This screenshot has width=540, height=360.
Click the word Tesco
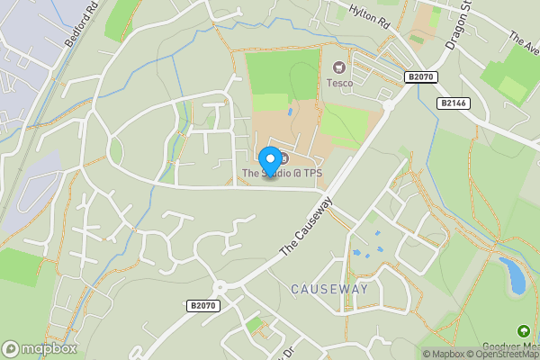pyautogui.click(x=339, y=83)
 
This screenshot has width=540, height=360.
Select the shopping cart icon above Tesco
pyautogui.click(x=339, y=67)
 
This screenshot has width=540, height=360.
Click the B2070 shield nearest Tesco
pyautogui.click(x=420, y=77)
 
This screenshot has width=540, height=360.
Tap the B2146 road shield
pyautogui.click(x=454, y=103)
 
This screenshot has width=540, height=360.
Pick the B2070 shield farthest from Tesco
pyautogui.click(x=203, y=306)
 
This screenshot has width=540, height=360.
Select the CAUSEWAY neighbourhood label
pyautogui.click(x=329, y=289)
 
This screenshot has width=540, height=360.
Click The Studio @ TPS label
pyautogui.click(x=282, y=173)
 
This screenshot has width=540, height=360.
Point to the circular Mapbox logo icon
pyautogui.click(x=11, y=348)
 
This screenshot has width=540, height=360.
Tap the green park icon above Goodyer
pyautogui.click(x=524, y=332)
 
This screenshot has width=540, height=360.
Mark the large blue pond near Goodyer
pyautogui.click(x=515, y=276)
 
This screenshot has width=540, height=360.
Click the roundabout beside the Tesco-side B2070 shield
pyautogui.click(x=390, y=104)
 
